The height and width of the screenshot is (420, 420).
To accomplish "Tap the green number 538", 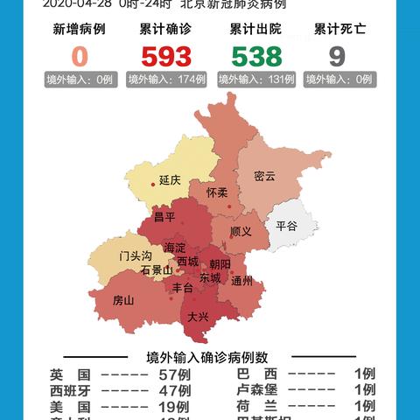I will [x=255, y=57].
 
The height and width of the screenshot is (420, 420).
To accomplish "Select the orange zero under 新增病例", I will [x=80, y=57].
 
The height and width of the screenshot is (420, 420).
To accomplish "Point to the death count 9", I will [x=337, y=57].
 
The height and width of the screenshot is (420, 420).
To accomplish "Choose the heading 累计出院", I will [x=255, y=30].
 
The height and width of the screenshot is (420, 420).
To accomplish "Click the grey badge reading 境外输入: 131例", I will [x=255, y=80].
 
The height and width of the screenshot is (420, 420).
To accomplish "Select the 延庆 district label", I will [x=170, y=180].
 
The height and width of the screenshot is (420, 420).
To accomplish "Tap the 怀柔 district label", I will [x=217, y=192].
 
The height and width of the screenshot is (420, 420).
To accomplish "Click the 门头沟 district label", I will [x=136, y=255].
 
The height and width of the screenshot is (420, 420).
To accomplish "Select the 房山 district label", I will [x=123, y=300].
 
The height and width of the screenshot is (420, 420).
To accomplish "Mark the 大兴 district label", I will [x=197, y=318].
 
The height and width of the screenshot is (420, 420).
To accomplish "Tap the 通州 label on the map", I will [x=242, y=281].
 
